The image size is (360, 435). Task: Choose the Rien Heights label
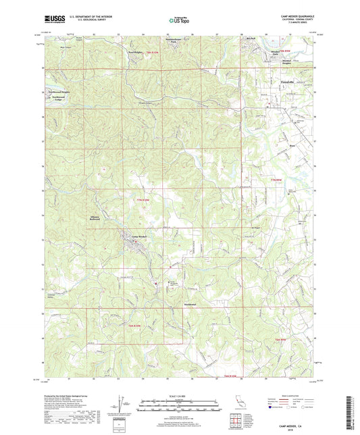(136, 51)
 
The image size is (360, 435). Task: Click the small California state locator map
(238, 406)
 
